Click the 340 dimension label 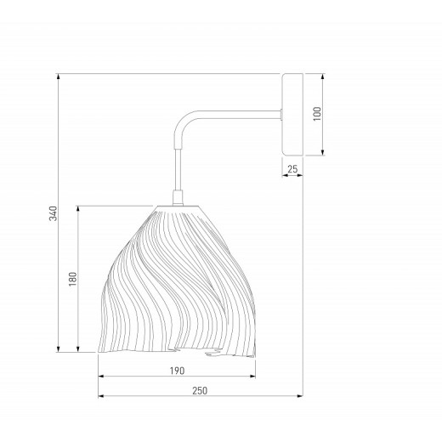[x=53, y=213]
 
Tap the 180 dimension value [x=73, y=279]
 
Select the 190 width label [x=177, y=371]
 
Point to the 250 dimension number [x=200, y=391]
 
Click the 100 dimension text [x=317, y=114]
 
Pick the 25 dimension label [x=292, y=169]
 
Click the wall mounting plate [x=292, y=115]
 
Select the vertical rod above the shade [x=178, y=169]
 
